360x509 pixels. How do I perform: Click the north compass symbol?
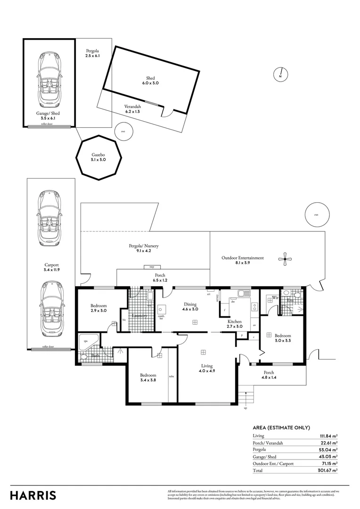click(280, 74)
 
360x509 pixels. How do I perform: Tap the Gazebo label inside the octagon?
click(99, 157)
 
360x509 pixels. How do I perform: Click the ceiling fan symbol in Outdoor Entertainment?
click(284, 258)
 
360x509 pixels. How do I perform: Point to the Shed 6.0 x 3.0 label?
click(148, 81)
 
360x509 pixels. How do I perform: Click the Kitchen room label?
click(235, 324)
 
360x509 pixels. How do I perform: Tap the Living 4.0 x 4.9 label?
click(207, 368)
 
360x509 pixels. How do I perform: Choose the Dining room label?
click(191, 307)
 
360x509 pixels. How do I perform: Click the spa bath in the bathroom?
click(88, 342)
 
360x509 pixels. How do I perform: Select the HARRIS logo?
click(33, 495)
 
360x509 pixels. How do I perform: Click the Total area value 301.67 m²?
click(328, 470)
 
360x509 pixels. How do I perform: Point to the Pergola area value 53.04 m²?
click(328, 450)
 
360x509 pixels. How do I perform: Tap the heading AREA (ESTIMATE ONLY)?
click(281, 427)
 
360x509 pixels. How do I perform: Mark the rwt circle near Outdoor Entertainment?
click(316, 215)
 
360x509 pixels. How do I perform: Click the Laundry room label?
click(140, 316)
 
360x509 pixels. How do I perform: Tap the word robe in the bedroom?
click(172, 377)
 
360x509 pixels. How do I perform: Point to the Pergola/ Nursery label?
click(144, 248)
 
